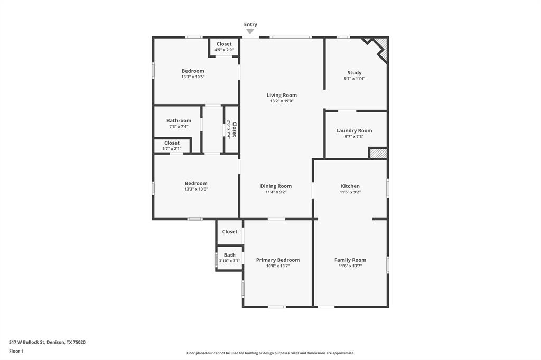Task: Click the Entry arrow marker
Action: [250, 32]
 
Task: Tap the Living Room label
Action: [282, 96]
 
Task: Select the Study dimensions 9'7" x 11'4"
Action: [354, 79]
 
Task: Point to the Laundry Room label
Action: [354, 130]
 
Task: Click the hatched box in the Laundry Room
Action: [378, 154]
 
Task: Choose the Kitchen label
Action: [350, 186]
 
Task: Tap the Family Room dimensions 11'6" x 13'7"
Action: [350, 266]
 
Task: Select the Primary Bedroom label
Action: [277, 260]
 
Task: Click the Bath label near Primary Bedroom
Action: [229, 255]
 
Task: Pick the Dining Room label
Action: [276, 186]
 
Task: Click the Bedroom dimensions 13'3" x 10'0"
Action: [196, 189]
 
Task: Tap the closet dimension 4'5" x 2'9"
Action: [223, 50]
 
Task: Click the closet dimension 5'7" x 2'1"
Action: [172, 148]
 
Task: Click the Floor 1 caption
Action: [16, 351]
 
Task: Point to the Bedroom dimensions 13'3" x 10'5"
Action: [193, 77]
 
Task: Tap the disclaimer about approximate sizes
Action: [270, 353]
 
